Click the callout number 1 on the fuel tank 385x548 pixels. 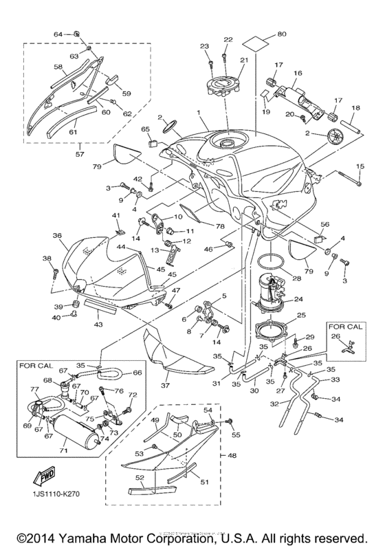point(199,113)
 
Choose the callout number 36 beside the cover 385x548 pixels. point(57,235)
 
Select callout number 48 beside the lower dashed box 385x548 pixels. point(232,455)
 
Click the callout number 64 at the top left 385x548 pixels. point(58,34)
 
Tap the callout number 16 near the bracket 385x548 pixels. point(298,72)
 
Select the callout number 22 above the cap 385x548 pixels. point(228,39)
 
